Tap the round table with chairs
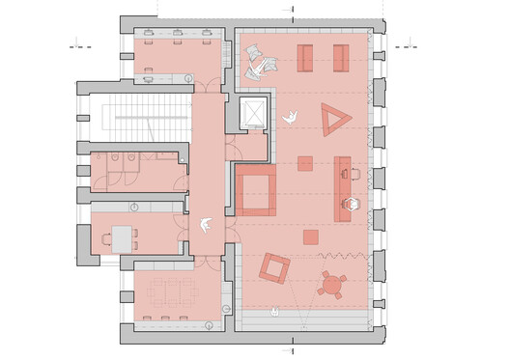[x=334, y=284]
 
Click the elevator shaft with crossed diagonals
[x=253, y=113]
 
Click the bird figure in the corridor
[x=206, y=225]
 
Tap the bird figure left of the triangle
[x=289, y=119]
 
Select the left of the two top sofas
[x=305, y=58]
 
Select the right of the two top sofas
[x=341, y=58]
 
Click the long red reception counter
[x=342, y=187]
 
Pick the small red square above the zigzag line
[x=310, y=237]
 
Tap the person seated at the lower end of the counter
[x=354, y=204]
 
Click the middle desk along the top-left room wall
[x=179, y=35]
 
